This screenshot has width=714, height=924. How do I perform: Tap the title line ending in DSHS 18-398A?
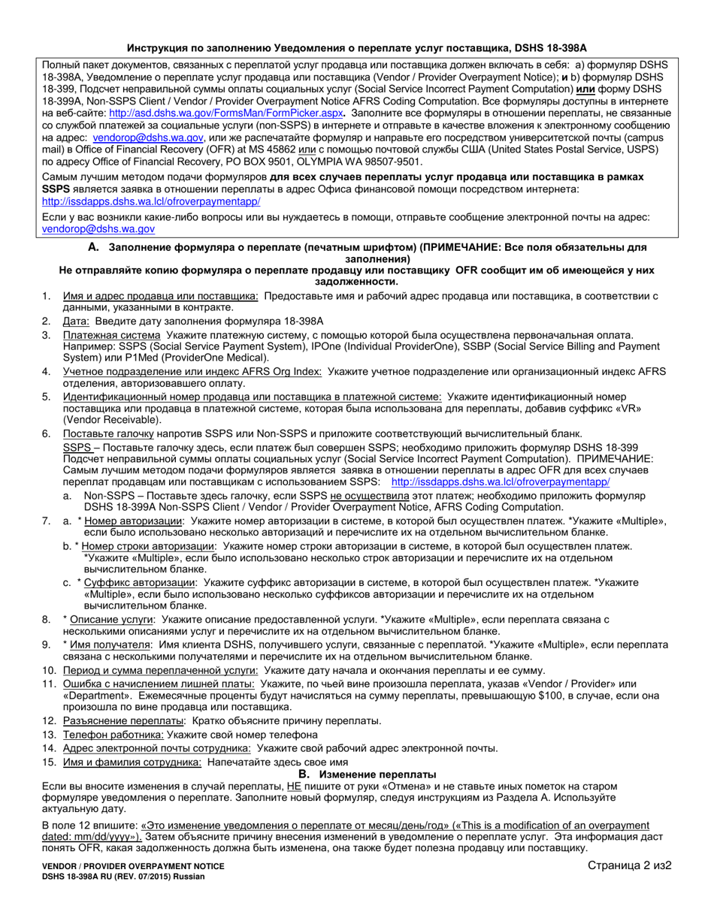pos(357,47)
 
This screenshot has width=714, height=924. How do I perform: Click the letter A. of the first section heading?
pos(93,247)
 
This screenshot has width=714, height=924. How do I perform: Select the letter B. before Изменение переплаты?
pos(304,774)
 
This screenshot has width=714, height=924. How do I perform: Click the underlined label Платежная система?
pos(111,334)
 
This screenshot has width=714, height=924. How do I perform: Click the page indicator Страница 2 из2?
pos(627,866)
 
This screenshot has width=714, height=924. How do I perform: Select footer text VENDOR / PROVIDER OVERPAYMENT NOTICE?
pos(133,866)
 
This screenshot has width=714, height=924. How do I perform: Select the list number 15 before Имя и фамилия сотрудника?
pos(49,762)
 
